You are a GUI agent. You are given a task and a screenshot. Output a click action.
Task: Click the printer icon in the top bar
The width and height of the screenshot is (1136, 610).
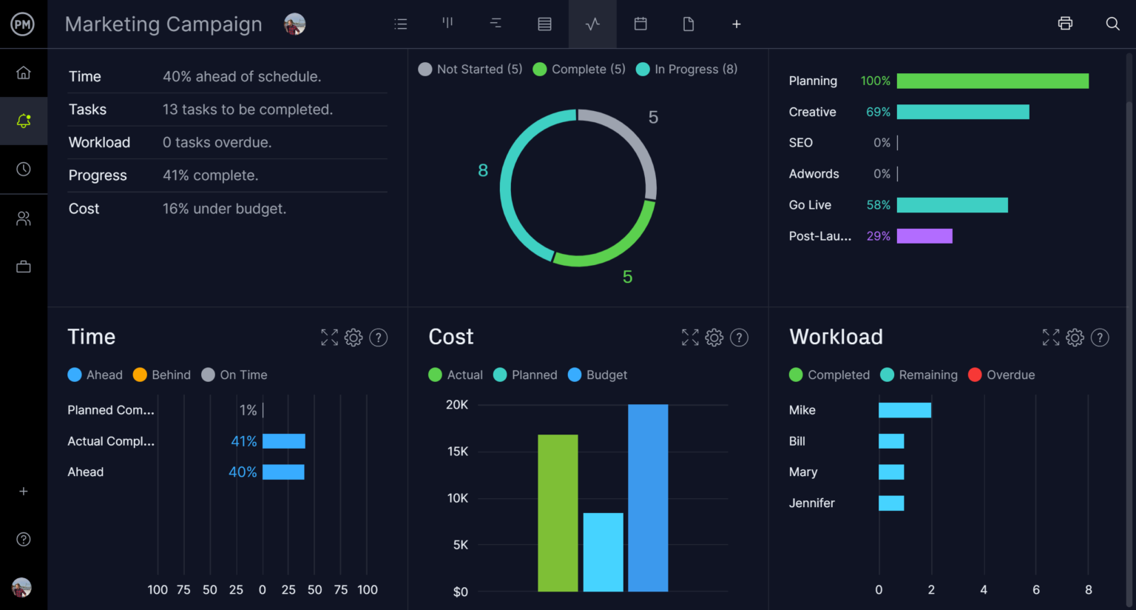coord(1065,24)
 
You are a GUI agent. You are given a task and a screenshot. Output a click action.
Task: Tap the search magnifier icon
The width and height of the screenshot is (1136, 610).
coord(1112,24)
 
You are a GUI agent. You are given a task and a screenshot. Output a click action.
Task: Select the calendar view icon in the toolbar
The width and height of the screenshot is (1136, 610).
coord(640,24)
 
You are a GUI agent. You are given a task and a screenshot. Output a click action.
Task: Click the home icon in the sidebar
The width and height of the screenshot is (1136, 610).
coord(24,73)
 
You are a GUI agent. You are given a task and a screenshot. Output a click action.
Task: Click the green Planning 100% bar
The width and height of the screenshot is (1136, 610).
coord(993,81)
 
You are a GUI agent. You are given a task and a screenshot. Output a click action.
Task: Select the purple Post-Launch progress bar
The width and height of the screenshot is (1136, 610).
coord(924,236)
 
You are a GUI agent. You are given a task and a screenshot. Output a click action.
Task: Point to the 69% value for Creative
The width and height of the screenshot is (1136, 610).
coord(878,112)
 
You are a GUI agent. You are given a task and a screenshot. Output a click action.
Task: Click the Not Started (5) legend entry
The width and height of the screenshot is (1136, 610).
coord(470,69)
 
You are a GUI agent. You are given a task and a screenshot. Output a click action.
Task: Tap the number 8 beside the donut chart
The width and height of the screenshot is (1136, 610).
coord(483,170)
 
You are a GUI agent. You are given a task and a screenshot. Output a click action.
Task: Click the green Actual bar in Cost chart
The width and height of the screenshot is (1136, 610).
coord(558,512)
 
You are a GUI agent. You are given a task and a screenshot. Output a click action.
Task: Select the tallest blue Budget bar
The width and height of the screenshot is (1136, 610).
coord(648,497)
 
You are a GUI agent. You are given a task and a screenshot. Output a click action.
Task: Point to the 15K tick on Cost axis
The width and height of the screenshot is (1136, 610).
coord(458,452)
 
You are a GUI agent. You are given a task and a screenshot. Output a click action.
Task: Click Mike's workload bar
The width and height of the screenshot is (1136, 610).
coord(905,410)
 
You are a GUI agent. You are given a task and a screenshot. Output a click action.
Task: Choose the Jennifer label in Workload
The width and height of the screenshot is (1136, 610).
coord(811,503)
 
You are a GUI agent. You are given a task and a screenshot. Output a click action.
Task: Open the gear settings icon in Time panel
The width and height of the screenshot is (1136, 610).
coord(354,338)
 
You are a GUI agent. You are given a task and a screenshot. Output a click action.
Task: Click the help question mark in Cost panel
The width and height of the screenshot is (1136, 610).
coord(739,338)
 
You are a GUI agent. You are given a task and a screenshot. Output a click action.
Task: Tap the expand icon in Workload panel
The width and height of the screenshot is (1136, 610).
coord(1050,338)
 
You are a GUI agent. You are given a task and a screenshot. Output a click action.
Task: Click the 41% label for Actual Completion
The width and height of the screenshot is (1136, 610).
coord(244,441)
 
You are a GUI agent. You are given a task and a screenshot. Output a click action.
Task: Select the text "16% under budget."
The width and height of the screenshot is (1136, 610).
coord(224,209)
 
